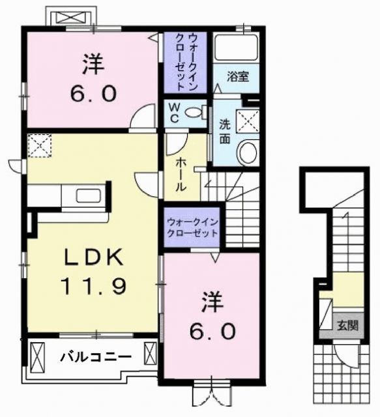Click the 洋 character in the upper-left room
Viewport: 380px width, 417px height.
[x=93, y=65]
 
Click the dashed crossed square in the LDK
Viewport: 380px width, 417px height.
[x=40, y=145]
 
